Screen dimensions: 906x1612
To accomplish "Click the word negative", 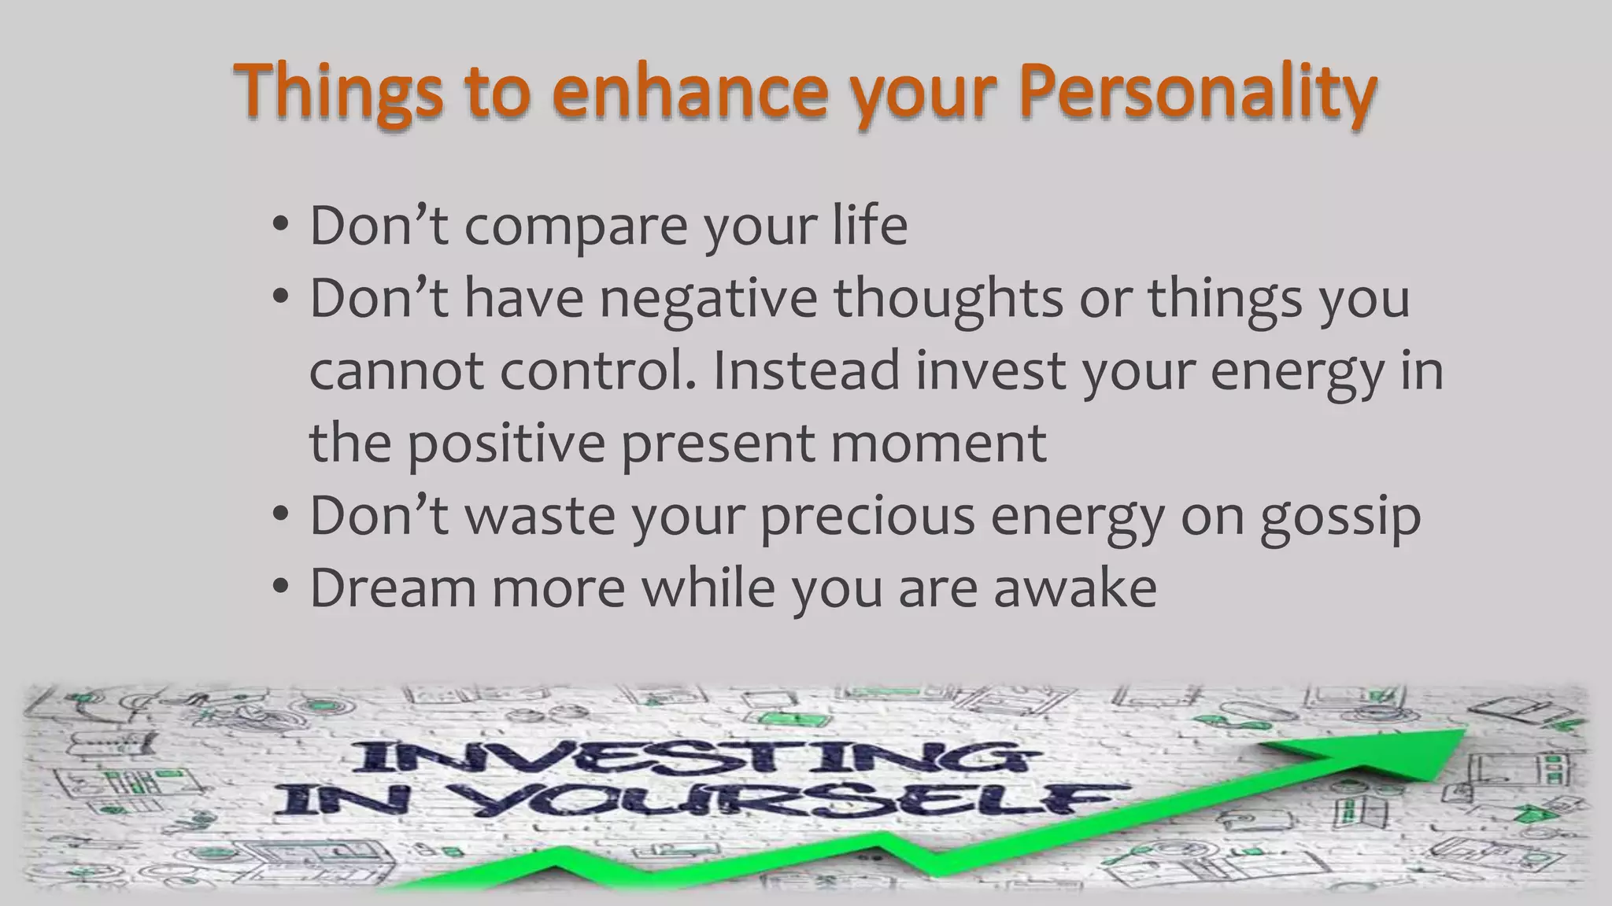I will click(708, 299).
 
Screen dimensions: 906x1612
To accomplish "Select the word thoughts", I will click(948, 299).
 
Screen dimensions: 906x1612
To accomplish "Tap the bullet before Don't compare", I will click(280, 226).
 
